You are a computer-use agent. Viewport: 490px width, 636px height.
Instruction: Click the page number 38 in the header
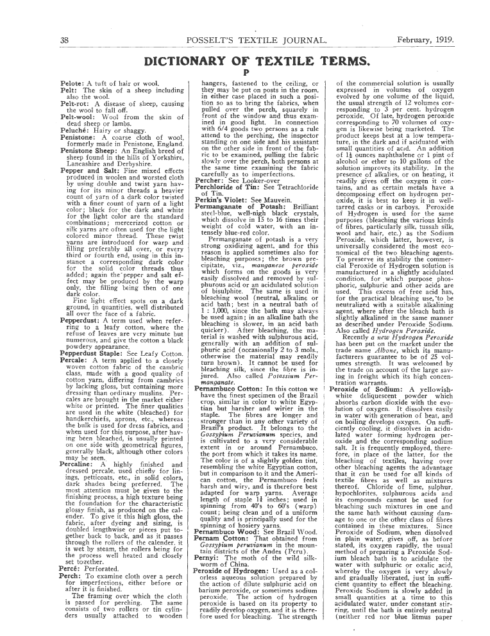65,40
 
